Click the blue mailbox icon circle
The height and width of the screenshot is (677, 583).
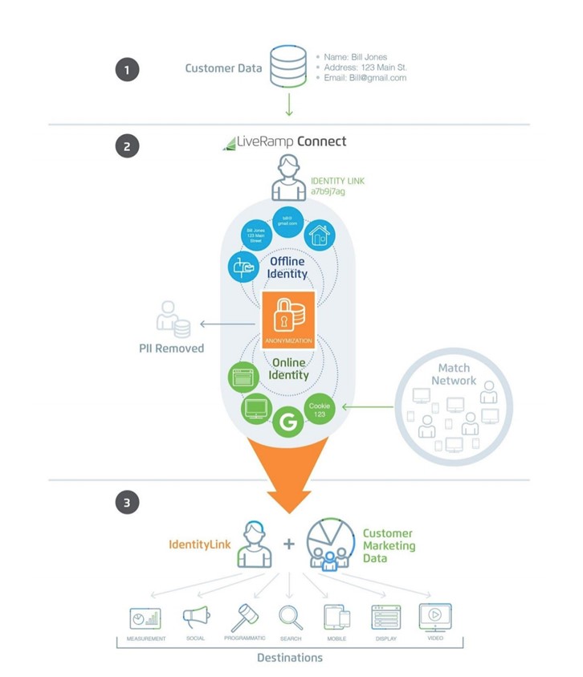pyautogui.click(x=244, y=266)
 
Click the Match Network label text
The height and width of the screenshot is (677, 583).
pyautogui.click(x=454, y=374)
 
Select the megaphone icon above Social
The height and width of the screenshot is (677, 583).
pyautogui.click(x=195, y=617)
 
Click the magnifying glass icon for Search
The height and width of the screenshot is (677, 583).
pyautogui.click(x=291, y=617)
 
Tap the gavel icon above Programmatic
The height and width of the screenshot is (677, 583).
pyautogui.click(x=244, y=617)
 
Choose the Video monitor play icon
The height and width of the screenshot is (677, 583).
pyautogui.click(x=434, y=617)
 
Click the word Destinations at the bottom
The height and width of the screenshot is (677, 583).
pyautogui.click(x=289, y=658)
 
